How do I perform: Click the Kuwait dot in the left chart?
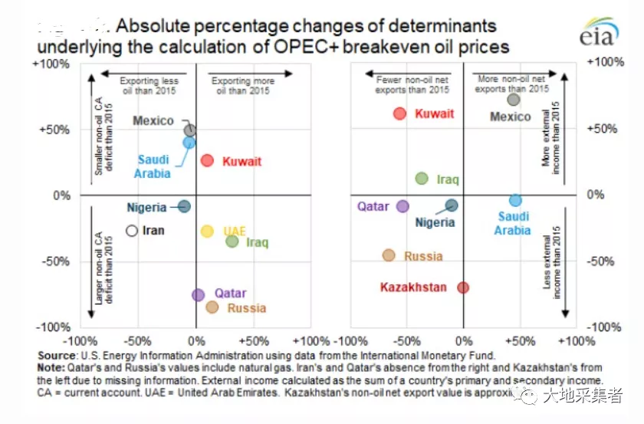207,160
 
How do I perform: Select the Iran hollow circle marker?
132,230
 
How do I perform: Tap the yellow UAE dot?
207,231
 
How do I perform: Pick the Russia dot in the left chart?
212,307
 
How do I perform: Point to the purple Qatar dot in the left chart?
198,294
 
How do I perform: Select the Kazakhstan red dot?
463,288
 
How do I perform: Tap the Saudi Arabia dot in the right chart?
515,200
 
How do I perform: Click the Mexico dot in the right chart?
514,100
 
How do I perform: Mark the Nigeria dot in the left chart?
184,206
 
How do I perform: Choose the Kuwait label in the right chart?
434,113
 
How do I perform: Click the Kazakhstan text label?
413,288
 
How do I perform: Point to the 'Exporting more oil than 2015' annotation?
242,85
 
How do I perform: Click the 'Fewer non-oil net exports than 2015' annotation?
412,84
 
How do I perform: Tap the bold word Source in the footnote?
56,356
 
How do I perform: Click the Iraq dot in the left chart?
232,242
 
